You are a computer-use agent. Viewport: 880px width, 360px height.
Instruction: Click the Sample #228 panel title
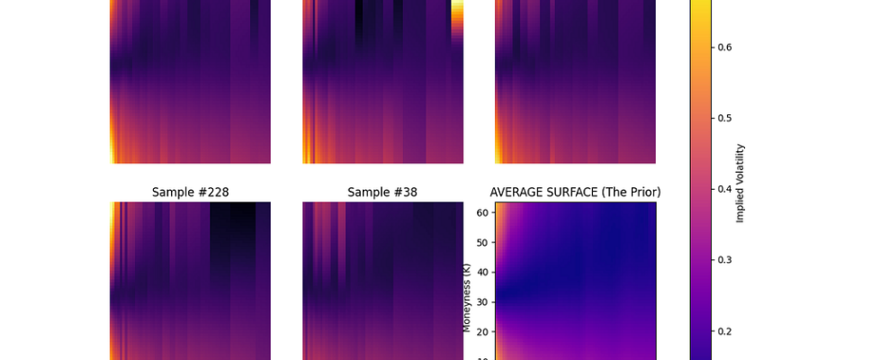pyautogui.click(x=189, y=192)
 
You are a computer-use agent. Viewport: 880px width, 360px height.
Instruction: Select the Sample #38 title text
pyautogui.click(x=382, y=192)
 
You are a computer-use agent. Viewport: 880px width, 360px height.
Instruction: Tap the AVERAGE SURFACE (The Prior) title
pyautogui.click(x=575, y=192)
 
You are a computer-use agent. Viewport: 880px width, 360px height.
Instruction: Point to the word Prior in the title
pyautogui.click(x=642, y=192)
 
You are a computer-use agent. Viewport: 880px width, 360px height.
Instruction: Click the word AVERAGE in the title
pyautogui.click(x=515, y=192)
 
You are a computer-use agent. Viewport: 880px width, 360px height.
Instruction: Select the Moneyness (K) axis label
pyautogui.click(x=467, y=297)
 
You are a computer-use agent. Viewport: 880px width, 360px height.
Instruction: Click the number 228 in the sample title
pyautogui.click(x=213, y=192)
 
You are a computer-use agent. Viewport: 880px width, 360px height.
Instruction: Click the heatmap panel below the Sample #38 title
pyautogui.click(x=382, y=279)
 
